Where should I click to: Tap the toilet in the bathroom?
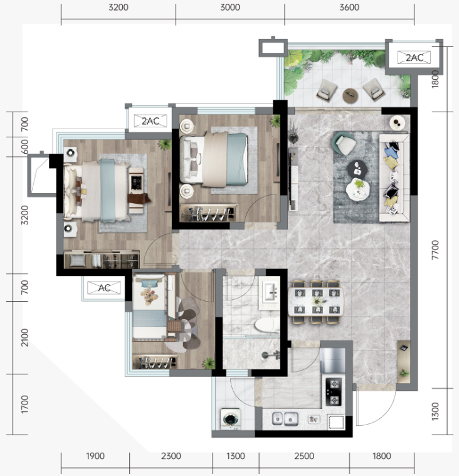tap(267, 325)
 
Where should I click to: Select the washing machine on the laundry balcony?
tap(231, 419)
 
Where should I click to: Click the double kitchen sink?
tap(285, 419)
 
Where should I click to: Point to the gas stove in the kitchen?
tap(334, 392)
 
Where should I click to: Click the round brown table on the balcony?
tap(351, 95)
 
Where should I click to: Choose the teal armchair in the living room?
tap(344, 144)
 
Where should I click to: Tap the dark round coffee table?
tap(357, 169)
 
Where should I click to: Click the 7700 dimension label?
tap(435, 250)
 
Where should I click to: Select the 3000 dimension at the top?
tap(230, 8)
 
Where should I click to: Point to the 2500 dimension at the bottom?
tap(304, 456)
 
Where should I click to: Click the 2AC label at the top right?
tap(414, 58)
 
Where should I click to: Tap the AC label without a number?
tap(104, 288)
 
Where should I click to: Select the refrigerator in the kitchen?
tap(333, 361)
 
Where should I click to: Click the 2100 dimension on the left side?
tap(24, 337)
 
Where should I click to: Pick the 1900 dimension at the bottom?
tap(95, 456)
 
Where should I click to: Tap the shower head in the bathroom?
tap(270, 354)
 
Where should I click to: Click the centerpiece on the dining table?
tap(317, 301)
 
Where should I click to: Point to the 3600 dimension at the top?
tap(349, 8)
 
